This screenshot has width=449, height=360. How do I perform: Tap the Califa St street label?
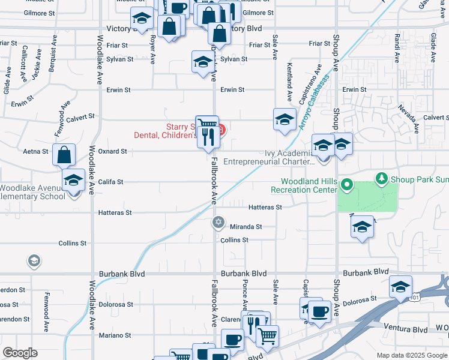click(111, 182)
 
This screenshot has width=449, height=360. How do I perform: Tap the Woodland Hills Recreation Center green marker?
click(346, 184)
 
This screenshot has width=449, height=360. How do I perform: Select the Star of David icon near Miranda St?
click(218, 223)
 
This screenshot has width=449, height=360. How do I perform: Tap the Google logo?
click(20, 353)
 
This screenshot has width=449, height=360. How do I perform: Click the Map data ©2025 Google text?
click(412, 355)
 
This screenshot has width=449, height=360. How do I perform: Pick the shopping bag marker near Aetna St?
click(64, 155)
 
